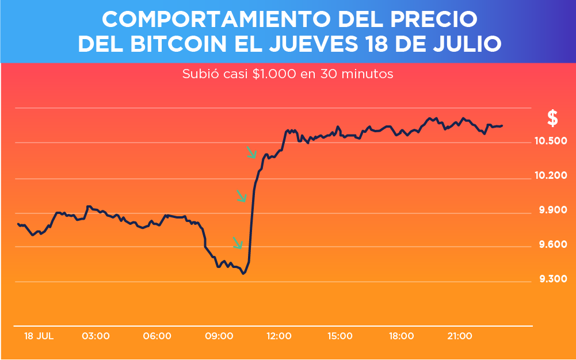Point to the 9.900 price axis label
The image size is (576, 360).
click(552, 210)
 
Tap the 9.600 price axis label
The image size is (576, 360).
click(552, 245)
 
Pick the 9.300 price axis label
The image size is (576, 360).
click(552, 279)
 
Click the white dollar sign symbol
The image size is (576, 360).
click(552, 118)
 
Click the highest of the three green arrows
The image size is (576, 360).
click(252, 152)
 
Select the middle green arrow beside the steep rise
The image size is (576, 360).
click(242, 196)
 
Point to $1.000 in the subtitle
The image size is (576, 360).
click(274, 74)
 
